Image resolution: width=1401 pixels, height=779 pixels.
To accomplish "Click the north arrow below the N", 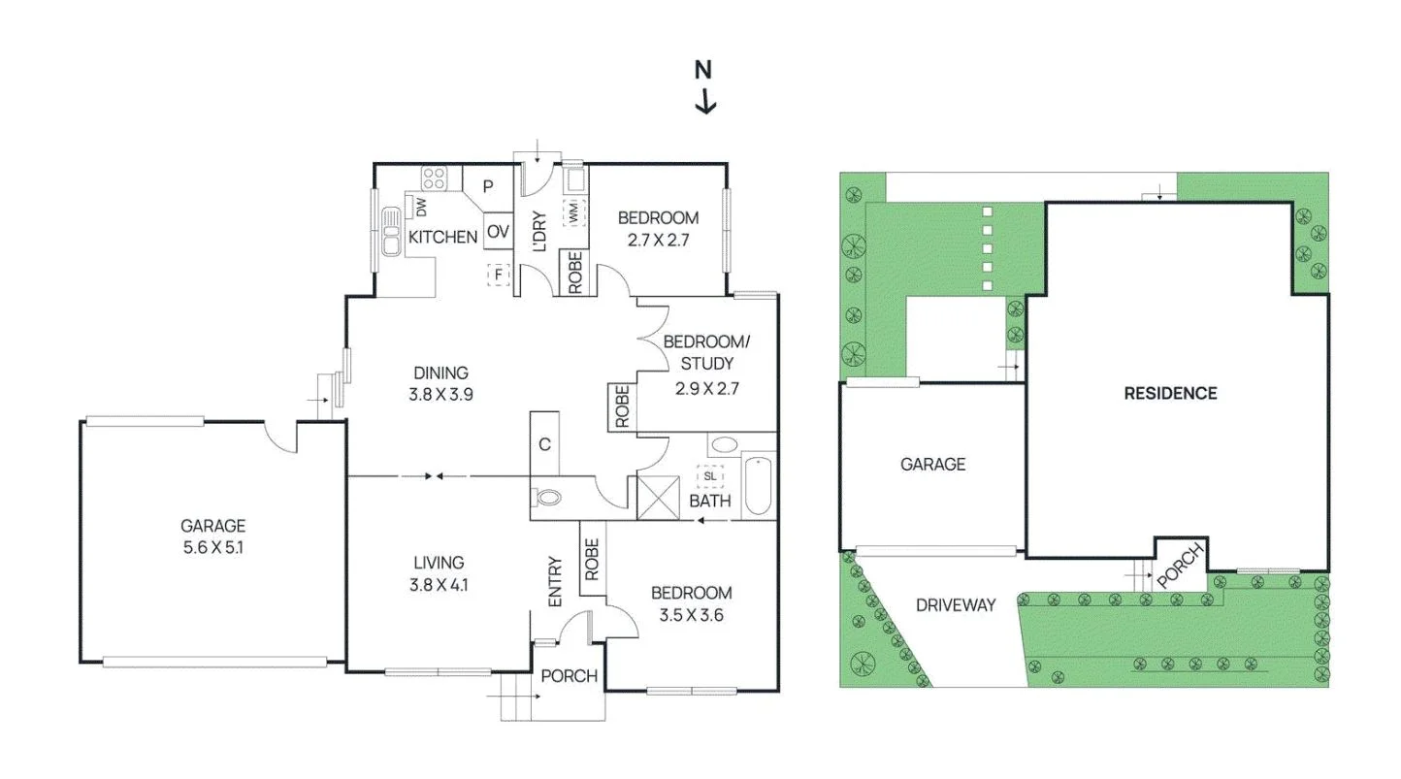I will pyautogui.click(x=705, y=100).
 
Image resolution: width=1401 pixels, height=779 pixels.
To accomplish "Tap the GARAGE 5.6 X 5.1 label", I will pyautogui.click(x=212, y=536).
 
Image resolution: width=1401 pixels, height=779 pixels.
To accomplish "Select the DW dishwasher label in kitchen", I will pyautogui.click(x=422, y=206).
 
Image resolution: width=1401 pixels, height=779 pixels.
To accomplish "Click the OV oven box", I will pyautogui.click(x=498, y=232).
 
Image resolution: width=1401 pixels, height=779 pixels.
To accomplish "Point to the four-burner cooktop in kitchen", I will pyautogui.click(x=434, y=179).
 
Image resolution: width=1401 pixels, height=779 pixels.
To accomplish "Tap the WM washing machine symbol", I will pyautogui.click(x=573, y=211).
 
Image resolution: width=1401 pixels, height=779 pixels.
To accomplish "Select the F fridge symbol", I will pyautogui.click(x=499, y=275).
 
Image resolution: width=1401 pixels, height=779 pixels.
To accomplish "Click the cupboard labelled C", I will pyautogui.click(x=545, y=444).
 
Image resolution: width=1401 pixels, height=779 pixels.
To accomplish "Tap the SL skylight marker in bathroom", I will pyautogui.click(x=709, y=476).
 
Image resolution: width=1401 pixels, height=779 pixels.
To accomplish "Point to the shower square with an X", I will pyautogui.click(x=656, y=497).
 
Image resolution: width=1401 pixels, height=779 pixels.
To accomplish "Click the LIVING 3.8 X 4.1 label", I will pyautogui.click(x=438, y=572).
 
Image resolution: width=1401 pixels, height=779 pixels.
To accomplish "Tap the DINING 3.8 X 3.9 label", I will pyautogui.click(x=440, y=383).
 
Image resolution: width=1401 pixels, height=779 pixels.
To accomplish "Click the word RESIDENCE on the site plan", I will pyautogui.click(x=1170, y=393).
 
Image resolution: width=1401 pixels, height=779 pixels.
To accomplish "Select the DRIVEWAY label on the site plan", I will pyautogui.click(x=956, y=605).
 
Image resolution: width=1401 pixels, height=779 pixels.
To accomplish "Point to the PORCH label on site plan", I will pyautogui.click(x=1179, y=565).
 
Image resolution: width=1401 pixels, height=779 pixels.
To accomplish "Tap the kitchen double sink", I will pyautogui.click(x=391, y=231).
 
